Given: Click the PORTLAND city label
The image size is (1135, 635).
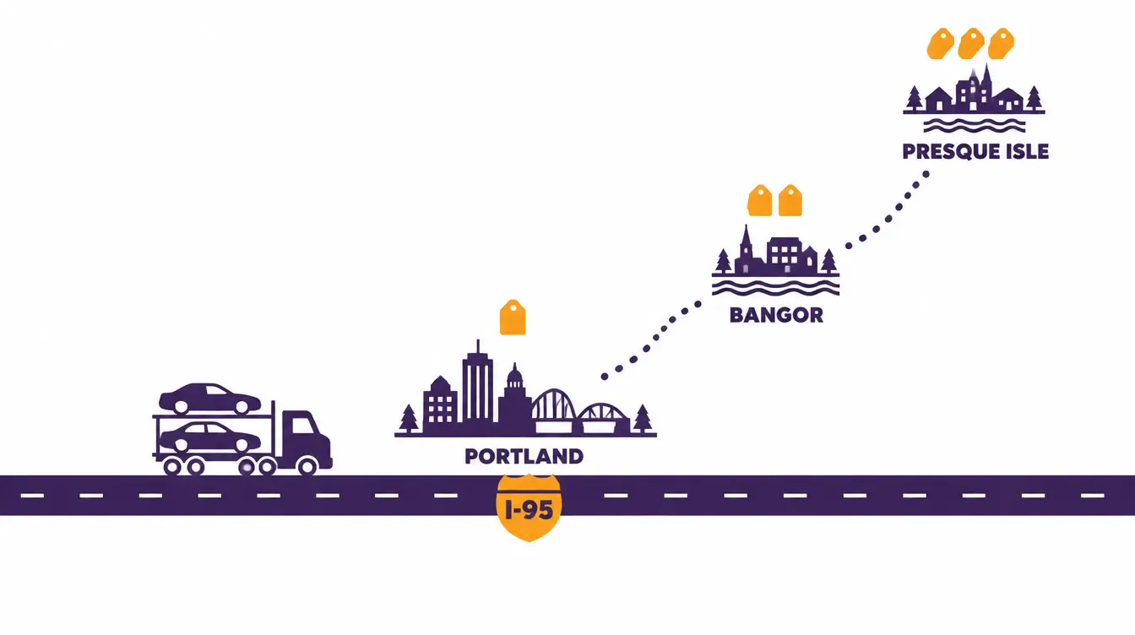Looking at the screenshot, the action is (524, 456).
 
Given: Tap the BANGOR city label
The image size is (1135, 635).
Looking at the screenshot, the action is (776, 315).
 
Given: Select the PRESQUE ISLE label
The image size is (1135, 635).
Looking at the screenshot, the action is (975, 151).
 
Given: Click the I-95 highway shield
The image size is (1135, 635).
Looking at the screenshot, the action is (529, 507).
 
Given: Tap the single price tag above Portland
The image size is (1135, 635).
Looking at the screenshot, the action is (513, 317).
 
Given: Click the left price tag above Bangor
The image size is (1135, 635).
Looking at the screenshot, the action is (759, 201).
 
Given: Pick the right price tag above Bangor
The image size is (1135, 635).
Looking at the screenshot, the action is (790, 201).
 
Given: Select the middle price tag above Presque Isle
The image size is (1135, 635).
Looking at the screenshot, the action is (971, 44).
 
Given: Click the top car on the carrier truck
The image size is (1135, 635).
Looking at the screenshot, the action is (209, 399).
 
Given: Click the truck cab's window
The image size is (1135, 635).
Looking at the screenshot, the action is (304, 426).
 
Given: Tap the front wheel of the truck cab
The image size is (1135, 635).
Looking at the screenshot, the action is (307, 466).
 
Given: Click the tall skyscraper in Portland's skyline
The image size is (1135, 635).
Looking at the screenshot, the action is (477, 388).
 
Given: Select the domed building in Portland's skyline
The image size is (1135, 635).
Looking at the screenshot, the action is (515, 399).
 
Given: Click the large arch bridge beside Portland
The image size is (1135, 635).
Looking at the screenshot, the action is (553, 410).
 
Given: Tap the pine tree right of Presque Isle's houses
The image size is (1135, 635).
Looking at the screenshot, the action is (1034, 98).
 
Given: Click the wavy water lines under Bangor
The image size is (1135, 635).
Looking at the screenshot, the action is (776, 287).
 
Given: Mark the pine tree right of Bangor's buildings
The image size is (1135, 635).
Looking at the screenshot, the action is (828, 261).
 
